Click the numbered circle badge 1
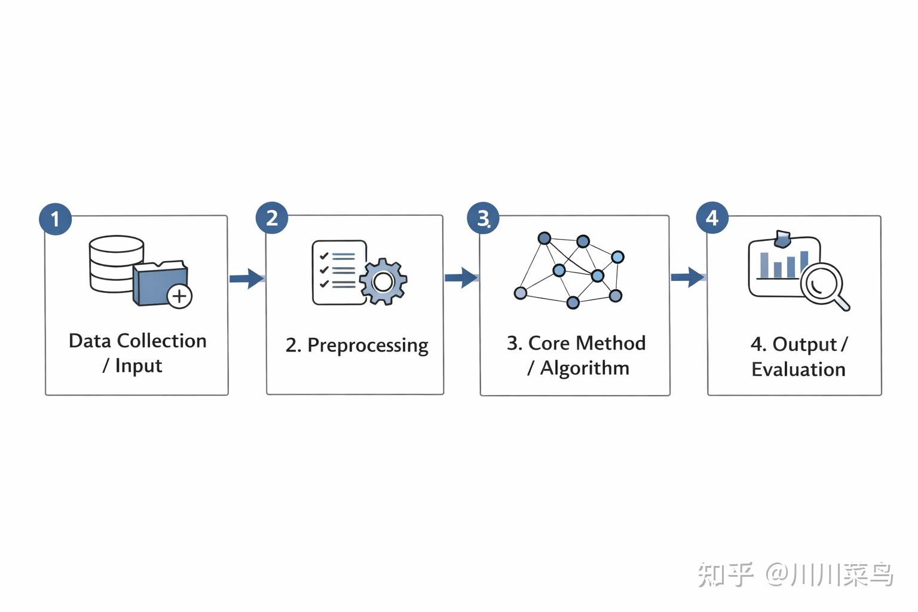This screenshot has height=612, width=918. click(x=56, y=219)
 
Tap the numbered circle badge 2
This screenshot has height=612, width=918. click(x=272, y=218)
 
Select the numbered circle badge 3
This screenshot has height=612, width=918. click(x=483, y=218)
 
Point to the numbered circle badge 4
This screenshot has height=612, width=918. click(x=712, y=218)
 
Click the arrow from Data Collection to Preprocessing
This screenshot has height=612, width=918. click(x=247, y=279)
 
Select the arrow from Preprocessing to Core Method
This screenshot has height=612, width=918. click(x=461, y=277)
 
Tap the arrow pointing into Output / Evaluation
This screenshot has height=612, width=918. click(x=688, y=277)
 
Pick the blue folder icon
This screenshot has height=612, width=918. click(x=158, y=283)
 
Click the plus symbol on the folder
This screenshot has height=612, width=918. click(x=179, y=296)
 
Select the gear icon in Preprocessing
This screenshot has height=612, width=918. click(x=383, y=281)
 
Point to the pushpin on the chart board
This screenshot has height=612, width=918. click(x=782, y=238)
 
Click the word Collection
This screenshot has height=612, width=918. click(x=162, y=341)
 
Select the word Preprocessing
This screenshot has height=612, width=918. click(x=368, y=345)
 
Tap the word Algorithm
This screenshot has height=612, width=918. click(x=585, y=369)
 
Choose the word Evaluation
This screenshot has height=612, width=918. click(x=798, y=369)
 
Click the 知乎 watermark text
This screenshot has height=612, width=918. click(x=726, y=574)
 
